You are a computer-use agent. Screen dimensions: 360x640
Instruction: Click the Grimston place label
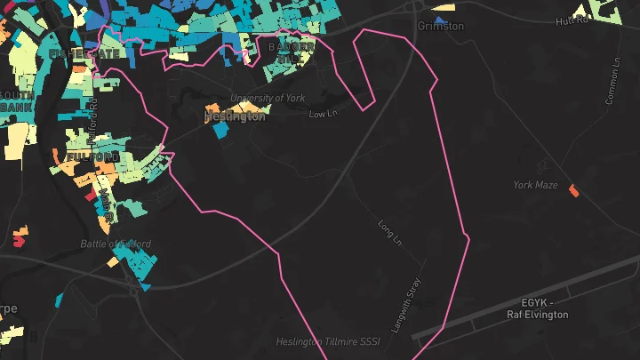click(440, 27)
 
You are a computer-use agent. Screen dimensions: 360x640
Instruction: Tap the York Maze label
click(535, 185)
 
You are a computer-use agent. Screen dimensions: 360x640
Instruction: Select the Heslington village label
click(235, 116)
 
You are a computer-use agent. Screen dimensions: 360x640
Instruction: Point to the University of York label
click(267, 99)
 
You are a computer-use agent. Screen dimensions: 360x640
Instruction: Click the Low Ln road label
click(324, 114)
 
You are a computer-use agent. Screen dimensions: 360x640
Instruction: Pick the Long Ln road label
click(391, 233)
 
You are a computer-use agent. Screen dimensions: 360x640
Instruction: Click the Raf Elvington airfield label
click(537, 315)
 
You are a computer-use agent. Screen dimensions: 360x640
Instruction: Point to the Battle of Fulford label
click(116, 244)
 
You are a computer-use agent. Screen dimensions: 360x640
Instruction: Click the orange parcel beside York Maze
click(573, 189)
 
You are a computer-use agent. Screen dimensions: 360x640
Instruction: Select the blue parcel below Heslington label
click(220, 130)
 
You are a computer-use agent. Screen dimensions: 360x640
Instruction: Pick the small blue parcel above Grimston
click(439, 18)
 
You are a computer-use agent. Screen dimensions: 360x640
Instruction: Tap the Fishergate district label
click(84, 54)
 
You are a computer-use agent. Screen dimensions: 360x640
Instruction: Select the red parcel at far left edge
click(20, 238)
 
